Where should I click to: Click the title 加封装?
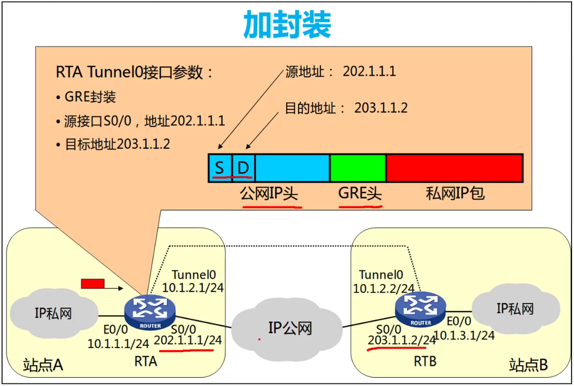[x=287, y=24]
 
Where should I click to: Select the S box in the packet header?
[x=220, y=168]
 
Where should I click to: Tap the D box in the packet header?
[x=243, y=168]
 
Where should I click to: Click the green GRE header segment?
[x=358, y=168]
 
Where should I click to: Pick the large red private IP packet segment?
[x=454, y=168]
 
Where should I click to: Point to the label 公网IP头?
[x=269, y=193]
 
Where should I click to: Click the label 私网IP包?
[x=455, y=193]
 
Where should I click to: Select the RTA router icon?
[x=150, y=312]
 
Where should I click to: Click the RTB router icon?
[x=421, y=309]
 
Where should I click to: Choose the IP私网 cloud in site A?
[x=53, y=313]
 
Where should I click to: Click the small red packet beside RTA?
[x=93, y=284]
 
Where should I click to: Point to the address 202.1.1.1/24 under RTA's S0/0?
[x=188, y=340]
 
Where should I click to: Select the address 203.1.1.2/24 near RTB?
[x=402, y=340]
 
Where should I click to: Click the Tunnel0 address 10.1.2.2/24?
[x=384, y=289]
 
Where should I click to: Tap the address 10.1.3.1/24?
[x=464, y=336]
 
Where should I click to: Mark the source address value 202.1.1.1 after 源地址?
[x=370, y=71]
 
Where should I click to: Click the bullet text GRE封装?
[x=90, y=97]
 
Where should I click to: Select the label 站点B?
[x=528, y=365]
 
